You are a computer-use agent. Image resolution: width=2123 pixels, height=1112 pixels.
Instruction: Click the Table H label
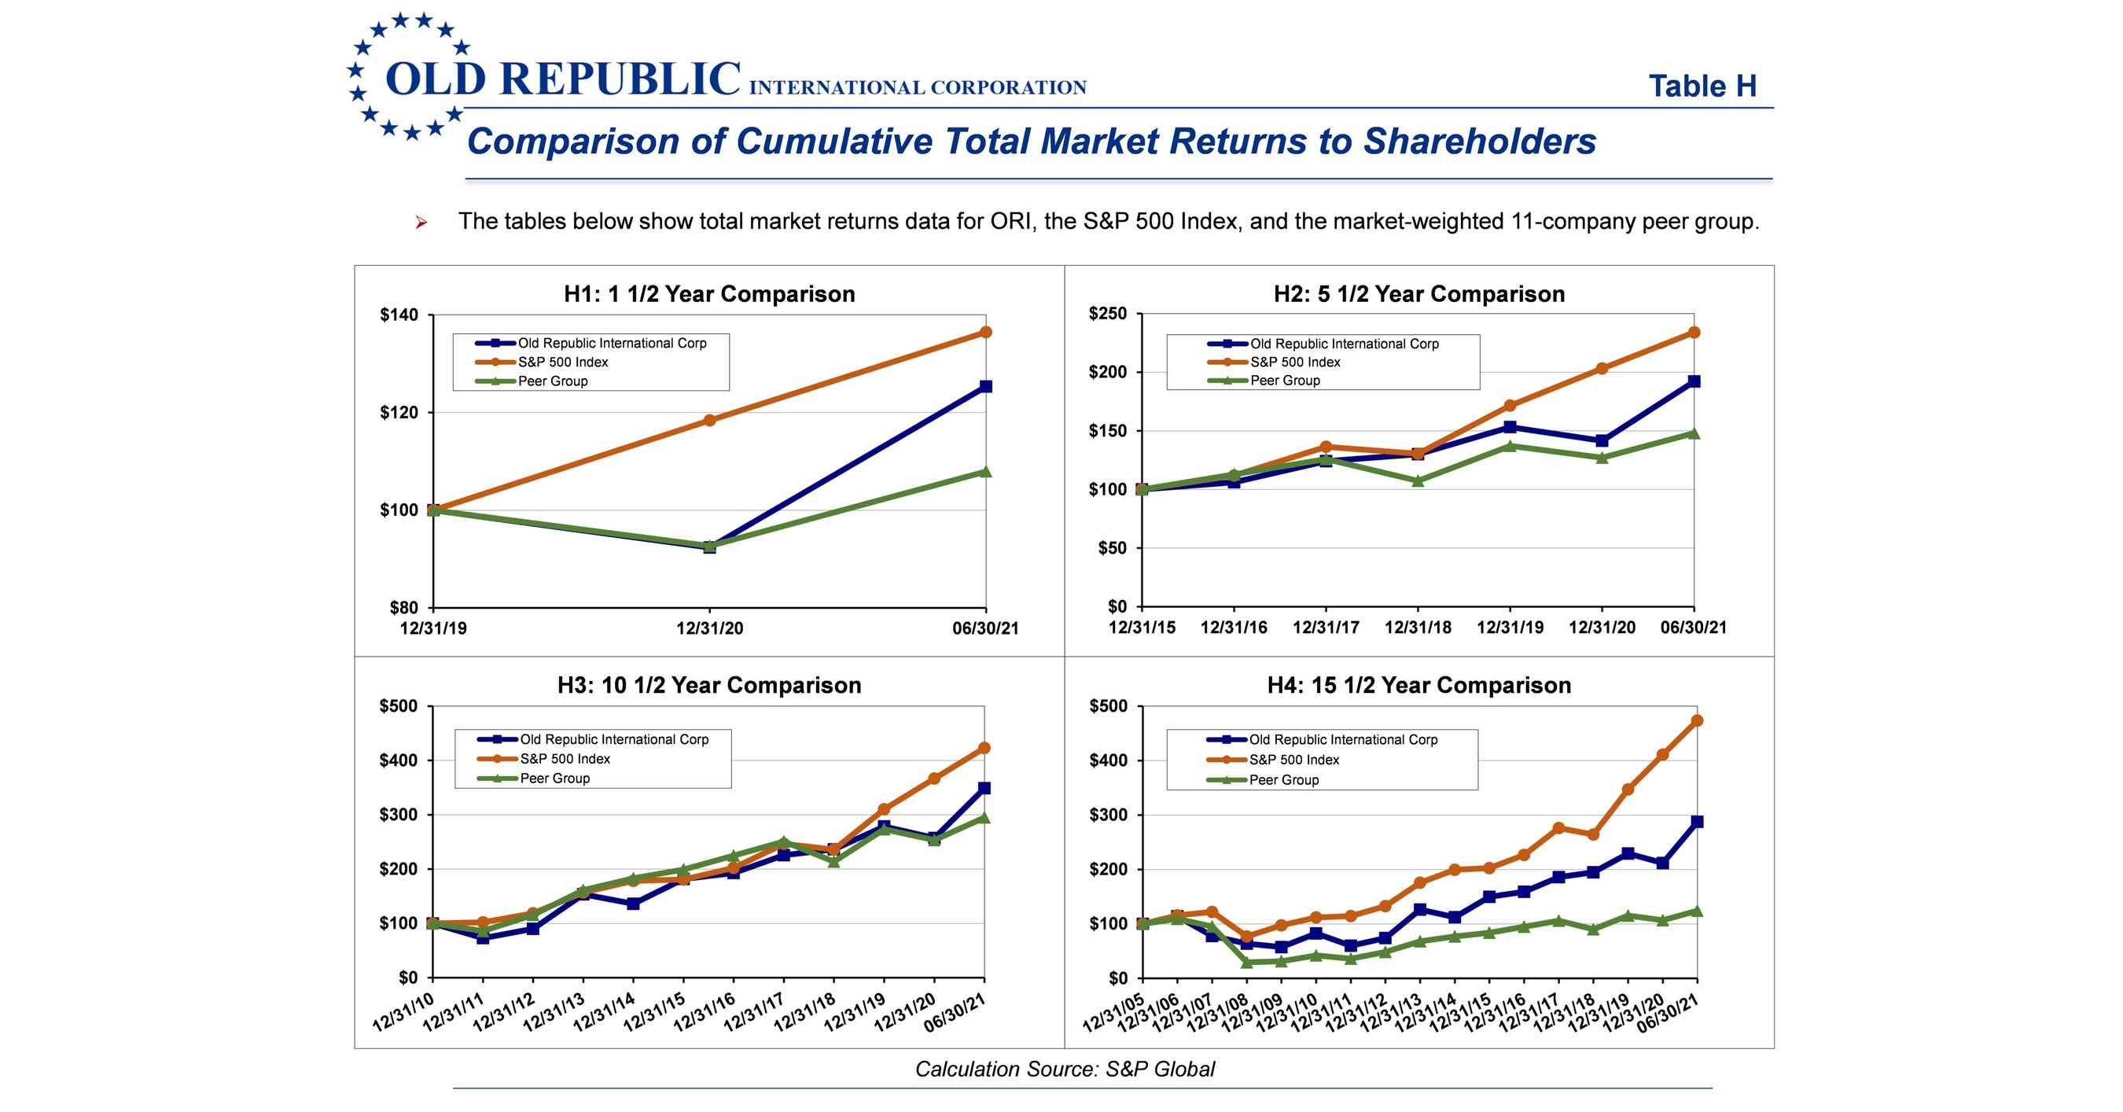pyautogui.click(x=1702, y=87)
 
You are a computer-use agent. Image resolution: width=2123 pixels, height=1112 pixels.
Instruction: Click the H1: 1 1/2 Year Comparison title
pyautogui.click(x=708, y=294)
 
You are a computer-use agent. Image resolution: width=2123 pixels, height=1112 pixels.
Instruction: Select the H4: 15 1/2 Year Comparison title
pyautogui.click(x=1418, y=685)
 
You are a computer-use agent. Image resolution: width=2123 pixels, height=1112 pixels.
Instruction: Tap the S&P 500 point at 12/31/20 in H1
pyautogui.click(x=709, y=421)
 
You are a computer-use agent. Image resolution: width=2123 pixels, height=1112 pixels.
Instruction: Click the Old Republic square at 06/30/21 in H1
pyautogui.click(x=986, y=387)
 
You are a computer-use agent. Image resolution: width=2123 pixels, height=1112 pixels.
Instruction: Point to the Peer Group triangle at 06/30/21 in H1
pyautogui.click(x=986, y=472)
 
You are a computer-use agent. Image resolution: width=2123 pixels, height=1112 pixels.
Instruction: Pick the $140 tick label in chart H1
pyautogui.click(x=399, y=315)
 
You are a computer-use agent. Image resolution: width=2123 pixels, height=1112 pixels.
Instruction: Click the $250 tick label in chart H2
pyautogui.click(x=1108, y=313)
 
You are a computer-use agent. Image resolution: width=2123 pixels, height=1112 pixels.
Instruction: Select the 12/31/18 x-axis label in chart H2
pyautogui.click(x=1418, y=628)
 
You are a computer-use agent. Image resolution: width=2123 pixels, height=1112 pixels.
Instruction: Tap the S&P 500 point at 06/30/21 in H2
pyautogui.click(x=1694, y=332)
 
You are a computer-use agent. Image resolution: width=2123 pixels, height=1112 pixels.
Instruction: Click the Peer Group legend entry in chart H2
pyautogui.click(x=1284, y=381)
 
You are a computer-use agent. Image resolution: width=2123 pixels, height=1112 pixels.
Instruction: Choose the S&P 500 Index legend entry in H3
pyautogui.click(x=565, y=759)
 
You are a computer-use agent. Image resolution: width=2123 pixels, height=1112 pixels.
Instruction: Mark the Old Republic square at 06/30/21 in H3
pyautogui.click(x=984, y=788)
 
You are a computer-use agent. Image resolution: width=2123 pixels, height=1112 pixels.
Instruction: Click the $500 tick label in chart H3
pyautogui.click(x=398, y=706)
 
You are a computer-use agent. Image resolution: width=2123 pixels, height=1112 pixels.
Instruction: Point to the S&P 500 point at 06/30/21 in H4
pyautogui.click(x=1697, y=720)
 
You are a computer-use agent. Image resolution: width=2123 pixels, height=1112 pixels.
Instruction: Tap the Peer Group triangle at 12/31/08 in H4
pyautogui.click(x=1246, y=962)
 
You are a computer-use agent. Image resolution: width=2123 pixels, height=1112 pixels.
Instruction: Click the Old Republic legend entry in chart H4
pyautogui.click(x=1342, y=740)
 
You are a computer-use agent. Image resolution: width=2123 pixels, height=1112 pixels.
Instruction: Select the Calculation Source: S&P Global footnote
pyautogui.click(x=1065, y=1069)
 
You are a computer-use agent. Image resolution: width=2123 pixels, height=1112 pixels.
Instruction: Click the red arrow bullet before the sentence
pyautogui.click(x=421, y=222)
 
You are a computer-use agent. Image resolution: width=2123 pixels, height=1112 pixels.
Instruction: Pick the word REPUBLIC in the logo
pyautogui.click(x=620, y=79)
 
